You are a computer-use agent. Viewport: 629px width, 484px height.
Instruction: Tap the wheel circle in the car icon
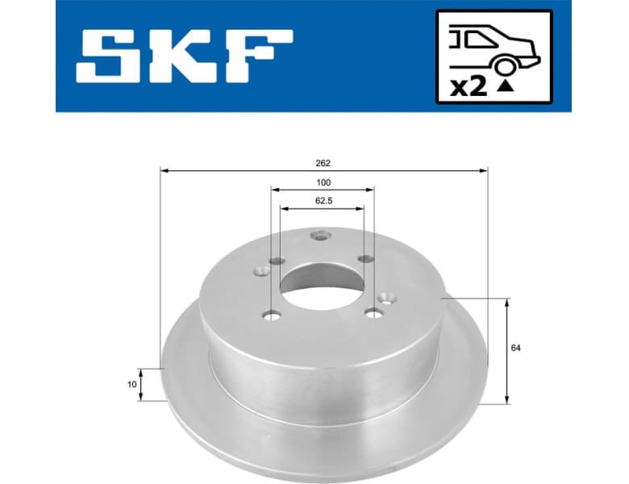pos(506,65)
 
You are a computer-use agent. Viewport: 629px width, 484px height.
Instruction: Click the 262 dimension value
pos(323,162)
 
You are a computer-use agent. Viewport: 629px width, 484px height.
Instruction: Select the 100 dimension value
pos(323,182)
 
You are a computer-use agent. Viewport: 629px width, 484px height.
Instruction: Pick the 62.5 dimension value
pos(323,199)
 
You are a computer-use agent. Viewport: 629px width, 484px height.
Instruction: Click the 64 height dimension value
pos(514,348)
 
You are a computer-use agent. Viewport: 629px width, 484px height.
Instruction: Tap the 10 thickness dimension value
pos(131,384)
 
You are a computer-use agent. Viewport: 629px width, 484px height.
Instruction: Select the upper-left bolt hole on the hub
pos(277,261)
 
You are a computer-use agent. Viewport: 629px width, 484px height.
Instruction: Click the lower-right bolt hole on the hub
pos(372,312)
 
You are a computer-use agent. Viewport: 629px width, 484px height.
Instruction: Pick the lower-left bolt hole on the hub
pos(272,315)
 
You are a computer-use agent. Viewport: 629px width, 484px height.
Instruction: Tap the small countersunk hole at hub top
pos(321,236)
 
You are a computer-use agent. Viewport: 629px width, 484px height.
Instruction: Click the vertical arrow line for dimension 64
pos(506,351)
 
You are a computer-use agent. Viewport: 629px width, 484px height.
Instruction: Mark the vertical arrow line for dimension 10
pos(142,384)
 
